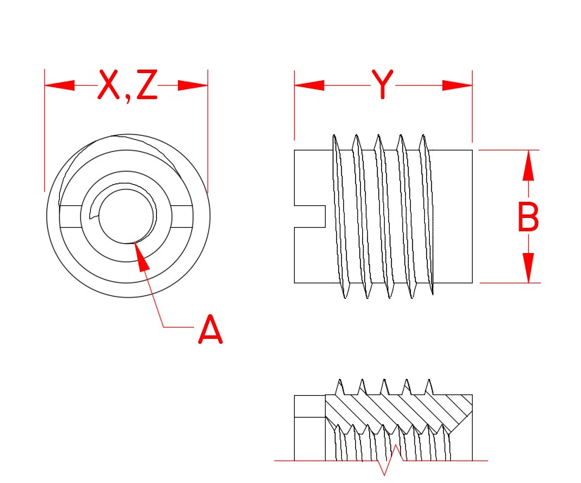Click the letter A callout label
(x=210, y=330)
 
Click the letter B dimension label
(x=528, y=217)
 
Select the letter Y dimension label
(x=382, y=86)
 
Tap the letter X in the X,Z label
(x=109, y=86)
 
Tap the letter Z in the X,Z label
(x=146, y=86)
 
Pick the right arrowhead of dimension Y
(x=457, y=86)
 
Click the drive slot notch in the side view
(x=309, y=216)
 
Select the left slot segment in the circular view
(x=74, y=215)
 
